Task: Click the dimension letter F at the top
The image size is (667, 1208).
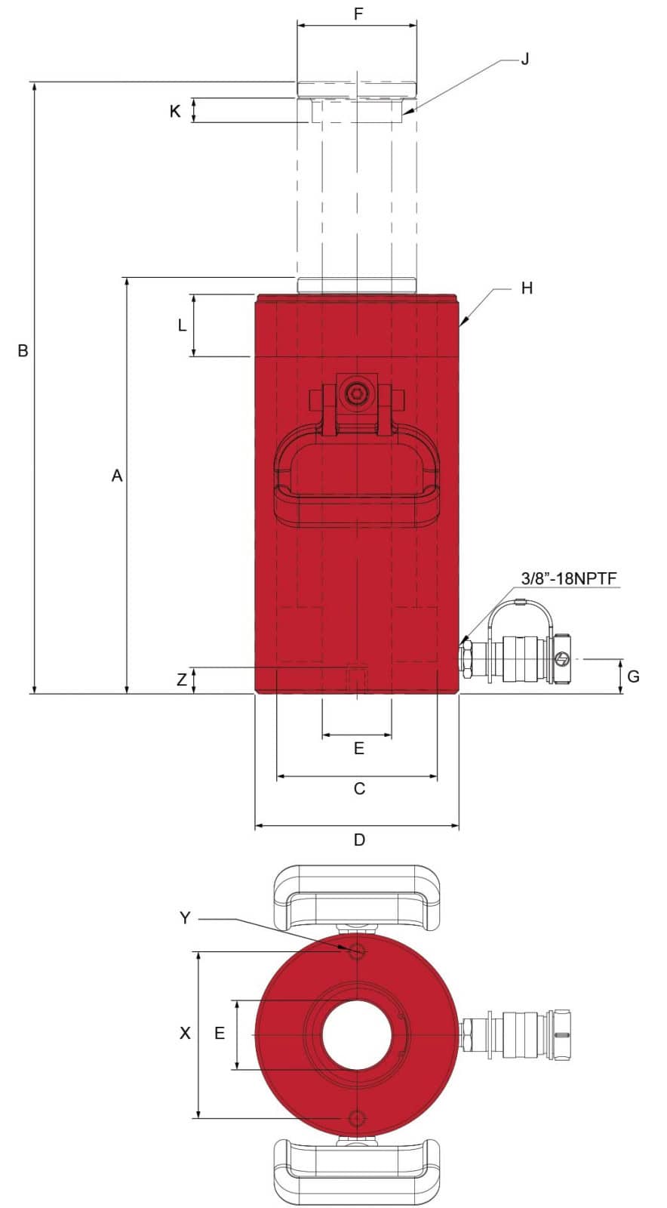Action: (x=359, y=13)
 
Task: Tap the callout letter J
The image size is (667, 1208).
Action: (x=525, y=59)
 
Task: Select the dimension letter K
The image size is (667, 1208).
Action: (x=175, y=111)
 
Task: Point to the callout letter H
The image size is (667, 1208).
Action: (x=527, y=288)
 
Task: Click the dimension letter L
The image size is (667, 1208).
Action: (x=182, y=325)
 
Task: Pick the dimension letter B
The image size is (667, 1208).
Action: (x=23, y=350)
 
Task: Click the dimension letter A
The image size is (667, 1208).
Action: (x=117, y=476)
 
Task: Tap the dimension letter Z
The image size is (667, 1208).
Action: (x=182, y=679)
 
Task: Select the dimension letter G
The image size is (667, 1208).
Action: (x=634, y=676)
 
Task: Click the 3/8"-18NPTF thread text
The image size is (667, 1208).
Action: (x=569, y=578)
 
